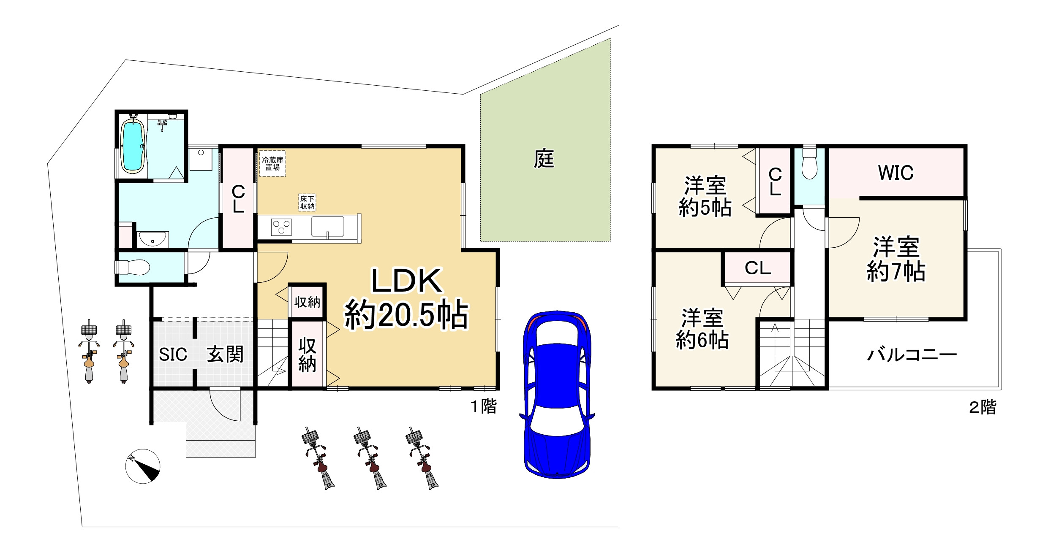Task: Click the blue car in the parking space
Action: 557,395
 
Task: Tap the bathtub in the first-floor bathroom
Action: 132,146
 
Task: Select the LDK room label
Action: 406,281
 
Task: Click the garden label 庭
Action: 544,159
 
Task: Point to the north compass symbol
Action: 143,466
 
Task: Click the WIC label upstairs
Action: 896,173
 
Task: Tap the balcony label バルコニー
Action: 912,355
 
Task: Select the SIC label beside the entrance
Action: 173,354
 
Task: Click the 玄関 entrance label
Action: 225,354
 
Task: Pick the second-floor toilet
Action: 809,162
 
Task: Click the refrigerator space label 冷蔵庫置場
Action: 272,164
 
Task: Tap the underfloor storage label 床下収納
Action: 307,203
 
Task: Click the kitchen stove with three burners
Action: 281,227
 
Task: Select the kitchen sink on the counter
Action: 327,227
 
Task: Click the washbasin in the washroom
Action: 152,239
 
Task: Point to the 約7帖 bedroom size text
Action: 896,271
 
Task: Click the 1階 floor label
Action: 484,406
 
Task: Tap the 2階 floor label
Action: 983,407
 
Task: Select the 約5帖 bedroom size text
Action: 705,208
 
